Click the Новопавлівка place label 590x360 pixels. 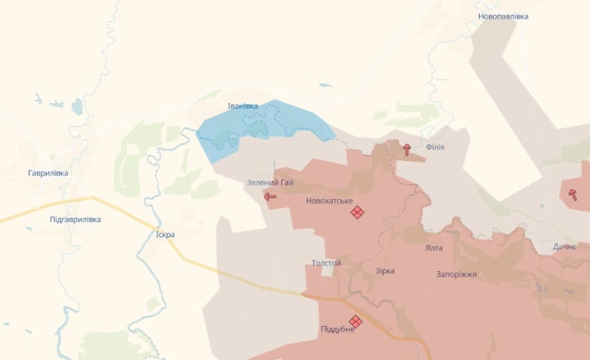coord(503,16)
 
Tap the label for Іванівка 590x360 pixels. coord(243,106)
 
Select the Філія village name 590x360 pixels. coord(434,147)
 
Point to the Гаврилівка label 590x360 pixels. coord(48,173)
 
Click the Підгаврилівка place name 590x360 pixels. coord(65,220)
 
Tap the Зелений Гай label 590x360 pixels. coord(270,183)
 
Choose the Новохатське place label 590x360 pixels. coord(329,201)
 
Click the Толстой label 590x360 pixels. coord(326,264)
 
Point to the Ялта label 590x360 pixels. coord(434,249)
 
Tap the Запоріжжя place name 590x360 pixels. coord(457,274)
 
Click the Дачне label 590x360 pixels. coord(564,247)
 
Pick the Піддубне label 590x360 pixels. coord(337,329)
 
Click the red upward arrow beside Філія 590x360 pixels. coord(407,150)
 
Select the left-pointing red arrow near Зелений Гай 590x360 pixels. coord(270,197)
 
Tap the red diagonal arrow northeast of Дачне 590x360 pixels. coord(572,194)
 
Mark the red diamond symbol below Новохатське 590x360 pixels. coord(357,212)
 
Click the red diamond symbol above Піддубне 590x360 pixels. coord(355,320)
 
